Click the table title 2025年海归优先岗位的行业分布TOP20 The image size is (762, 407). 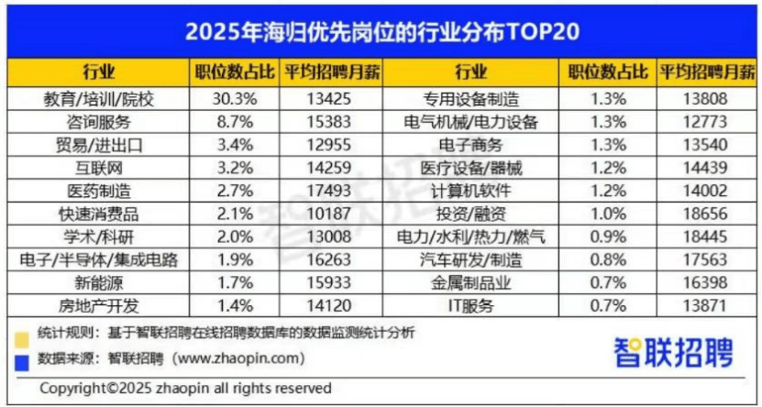point(382,32)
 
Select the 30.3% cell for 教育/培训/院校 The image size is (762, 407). point(233,99)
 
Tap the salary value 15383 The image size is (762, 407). point(329,122)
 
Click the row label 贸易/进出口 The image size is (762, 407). point(99,145)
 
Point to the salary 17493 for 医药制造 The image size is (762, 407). point(329,191)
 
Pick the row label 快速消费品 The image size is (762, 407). point(99,214)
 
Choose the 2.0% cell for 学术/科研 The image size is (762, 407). point(233,236)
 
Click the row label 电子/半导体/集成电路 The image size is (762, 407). point(99,259)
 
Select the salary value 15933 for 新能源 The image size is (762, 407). point(329,282)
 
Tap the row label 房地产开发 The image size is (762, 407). point(99,305)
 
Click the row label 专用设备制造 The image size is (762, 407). point(470,99)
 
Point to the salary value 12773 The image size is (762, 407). point(706,122)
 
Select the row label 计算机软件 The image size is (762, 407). point(470,191)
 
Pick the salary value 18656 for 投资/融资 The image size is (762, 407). point(706,214)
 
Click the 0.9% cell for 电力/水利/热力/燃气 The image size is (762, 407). point(608,236)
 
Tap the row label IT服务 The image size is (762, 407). point(470,305)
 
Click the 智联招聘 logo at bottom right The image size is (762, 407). point(673,351)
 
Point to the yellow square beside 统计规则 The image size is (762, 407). point(22,340)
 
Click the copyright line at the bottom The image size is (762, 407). point(185,389)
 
